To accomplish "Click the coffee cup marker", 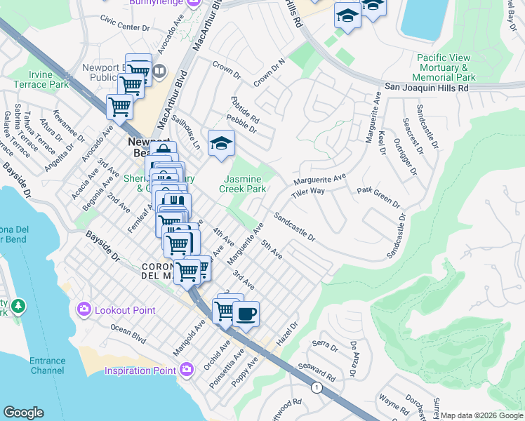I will pos(245,314).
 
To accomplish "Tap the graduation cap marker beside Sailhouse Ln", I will pos(222,143).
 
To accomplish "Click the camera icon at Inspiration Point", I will pos(187,369).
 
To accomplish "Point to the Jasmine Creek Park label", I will pos(242,184).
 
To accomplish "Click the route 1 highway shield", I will pos(317,387).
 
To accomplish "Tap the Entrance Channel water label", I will pos(47,366).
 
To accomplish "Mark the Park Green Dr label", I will pos(378,196).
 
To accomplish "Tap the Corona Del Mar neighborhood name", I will pos(163,271).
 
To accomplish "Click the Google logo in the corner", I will pos(23,413).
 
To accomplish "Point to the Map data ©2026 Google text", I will pos(481,415).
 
